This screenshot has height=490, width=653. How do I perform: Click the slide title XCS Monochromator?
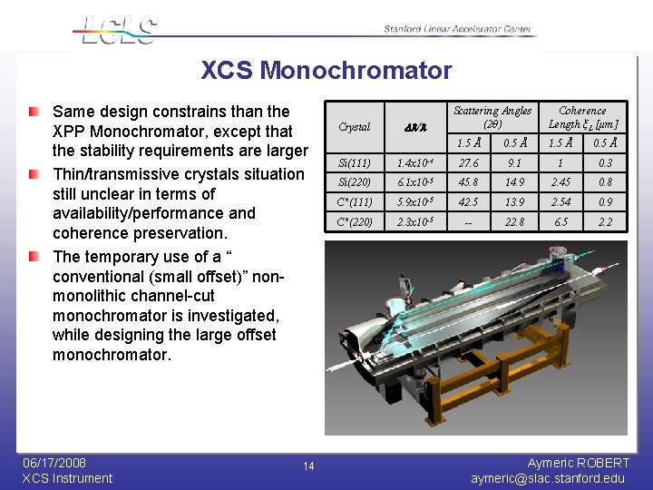(x=326, y=70)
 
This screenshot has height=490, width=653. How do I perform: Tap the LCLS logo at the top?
(x=118, y=29)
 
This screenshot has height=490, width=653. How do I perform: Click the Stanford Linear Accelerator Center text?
(x=457, y=29)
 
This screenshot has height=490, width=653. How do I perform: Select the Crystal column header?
(x=354, y=127)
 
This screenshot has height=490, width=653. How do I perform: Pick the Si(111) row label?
(x=354, y=162)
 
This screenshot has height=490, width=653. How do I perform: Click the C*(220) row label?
(x=354, y=222)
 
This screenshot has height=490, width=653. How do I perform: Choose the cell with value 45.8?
(x=469, y=182)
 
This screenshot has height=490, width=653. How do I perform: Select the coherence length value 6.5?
(x=560, y=222)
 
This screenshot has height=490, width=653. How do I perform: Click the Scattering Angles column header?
(x=492, y=117)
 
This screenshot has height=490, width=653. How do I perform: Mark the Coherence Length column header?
(x=582, y=117)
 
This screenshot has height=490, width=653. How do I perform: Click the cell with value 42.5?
(x=469, y=202)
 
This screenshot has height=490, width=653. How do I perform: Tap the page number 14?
(x=308, y=466)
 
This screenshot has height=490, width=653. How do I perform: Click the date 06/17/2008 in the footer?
(x=54, y=463)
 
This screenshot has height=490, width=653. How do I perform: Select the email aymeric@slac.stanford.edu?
(x=548, y=478)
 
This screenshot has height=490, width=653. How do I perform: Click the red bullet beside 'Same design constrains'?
(x=34, y=112)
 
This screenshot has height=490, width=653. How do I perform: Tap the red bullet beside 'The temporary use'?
(x=34, y=257)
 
